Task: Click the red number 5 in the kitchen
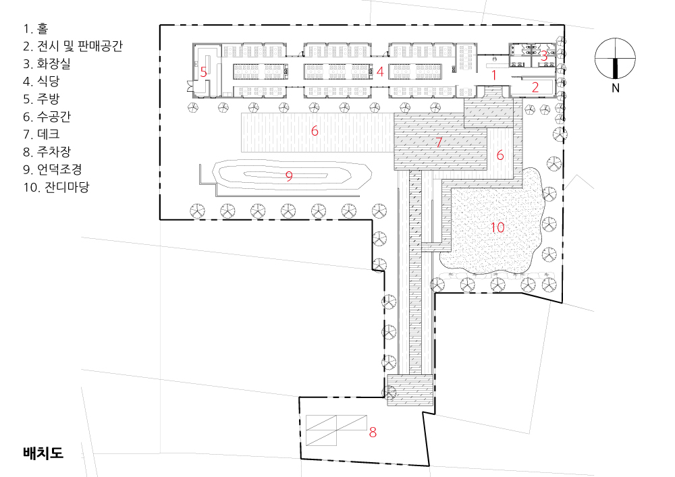(204, 72)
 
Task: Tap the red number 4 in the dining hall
(379, 72)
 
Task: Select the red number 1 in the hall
(494, 76)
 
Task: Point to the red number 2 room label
(535, 87)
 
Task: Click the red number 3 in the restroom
(543, 56)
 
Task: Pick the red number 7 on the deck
(439, 142)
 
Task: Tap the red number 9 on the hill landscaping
(289, 176)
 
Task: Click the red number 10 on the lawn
(497, 227)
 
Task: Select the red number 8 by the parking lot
(373, 432)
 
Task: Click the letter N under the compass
(616, 88)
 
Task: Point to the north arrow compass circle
(615, 59)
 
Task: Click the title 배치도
(43, 453)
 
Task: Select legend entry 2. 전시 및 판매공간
(73, 46)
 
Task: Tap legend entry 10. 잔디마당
(56, 187)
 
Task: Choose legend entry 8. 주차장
(47, 152)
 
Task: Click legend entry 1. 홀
(36, 28)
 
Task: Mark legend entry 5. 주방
(41, 99)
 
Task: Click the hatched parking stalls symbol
(336, 430)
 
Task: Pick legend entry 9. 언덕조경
(53, 169)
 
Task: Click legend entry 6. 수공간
(47, 117)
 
